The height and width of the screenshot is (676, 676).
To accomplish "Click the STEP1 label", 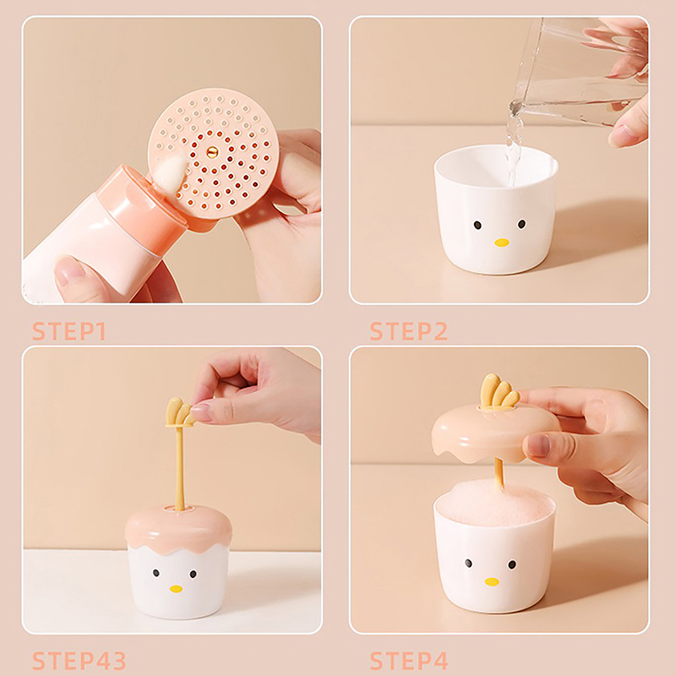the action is [x=69, y=331].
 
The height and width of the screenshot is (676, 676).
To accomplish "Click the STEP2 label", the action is [x=409, y=331].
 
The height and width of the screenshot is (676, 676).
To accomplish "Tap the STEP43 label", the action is [x=79, y=661].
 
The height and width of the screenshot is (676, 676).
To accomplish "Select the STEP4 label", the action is [x=409, y=661].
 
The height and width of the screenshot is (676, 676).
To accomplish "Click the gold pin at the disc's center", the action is [x=212, y=152].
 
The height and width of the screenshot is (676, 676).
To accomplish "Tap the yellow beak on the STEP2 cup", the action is [x=501, y=243].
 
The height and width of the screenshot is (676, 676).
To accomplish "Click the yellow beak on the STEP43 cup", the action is [x=176, y=588].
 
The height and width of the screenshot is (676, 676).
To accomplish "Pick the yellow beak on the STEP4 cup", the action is [x=492, y=581].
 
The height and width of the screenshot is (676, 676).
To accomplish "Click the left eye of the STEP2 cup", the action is [x=477, y=225].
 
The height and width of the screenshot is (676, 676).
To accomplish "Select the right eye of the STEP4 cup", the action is [x=512, y=564].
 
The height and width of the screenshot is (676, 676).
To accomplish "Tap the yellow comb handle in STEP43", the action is [x=179, y=412].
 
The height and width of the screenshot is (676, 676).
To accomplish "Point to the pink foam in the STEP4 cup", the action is [x=494, y=503].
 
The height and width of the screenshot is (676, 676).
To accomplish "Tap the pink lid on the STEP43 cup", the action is [x=178, y=530].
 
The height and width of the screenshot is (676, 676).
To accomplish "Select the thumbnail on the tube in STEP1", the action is [x=69, y=271].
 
